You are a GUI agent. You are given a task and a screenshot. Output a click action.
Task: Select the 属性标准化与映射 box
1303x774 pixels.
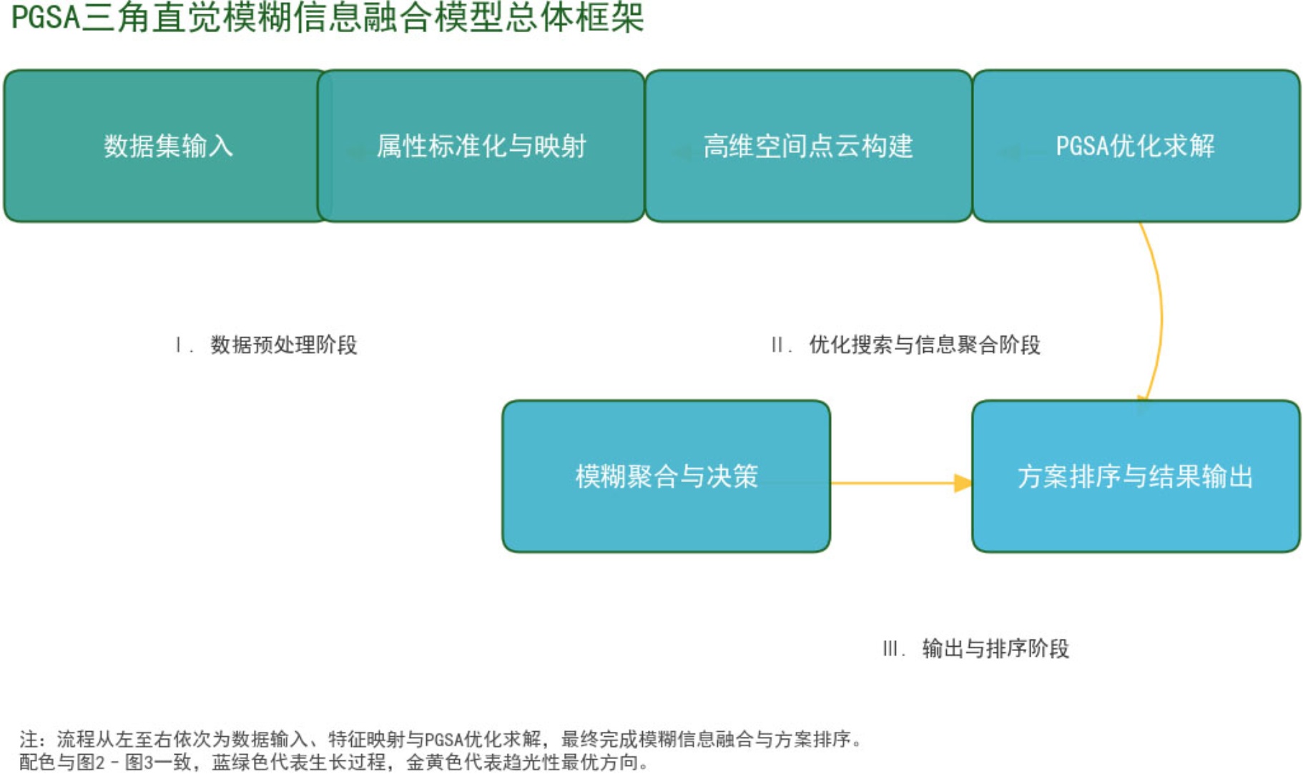481,146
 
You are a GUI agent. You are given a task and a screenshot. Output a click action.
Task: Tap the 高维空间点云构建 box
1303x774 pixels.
808,146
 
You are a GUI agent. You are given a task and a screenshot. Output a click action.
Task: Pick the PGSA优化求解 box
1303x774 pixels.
1136,146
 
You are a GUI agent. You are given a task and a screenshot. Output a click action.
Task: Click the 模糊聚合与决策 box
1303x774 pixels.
666,476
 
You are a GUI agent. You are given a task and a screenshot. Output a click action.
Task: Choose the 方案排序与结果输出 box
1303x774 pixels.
1136,476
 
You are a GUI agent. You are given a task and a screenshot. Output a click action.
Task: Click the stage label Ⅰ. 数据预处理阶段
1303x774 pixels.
266,345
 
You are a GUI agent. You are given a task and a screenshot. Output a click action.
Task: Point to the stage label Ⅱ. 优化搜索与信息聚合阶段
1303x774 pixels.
905,345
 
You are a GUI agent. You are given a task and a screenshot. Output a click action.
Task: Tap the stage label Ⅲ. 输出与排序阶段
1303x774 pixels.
975,649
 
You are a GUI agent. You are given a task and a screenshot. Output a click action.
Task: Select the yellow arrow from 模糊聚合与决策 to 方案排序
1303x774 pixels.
894,484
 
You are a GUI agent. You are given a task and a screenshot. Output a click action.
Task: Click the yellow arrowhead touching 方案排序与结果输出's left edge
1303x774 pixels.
963,484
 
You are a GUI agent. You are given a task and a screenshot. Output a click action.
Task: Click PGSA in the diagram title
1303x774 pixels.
45,17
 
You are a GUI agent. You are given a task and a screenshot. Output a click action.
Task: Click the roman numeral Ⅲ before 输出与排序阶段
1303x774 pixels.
891,649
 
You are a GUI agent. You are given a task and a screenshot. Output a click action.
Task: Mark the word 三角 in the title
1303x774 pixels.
116,17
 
